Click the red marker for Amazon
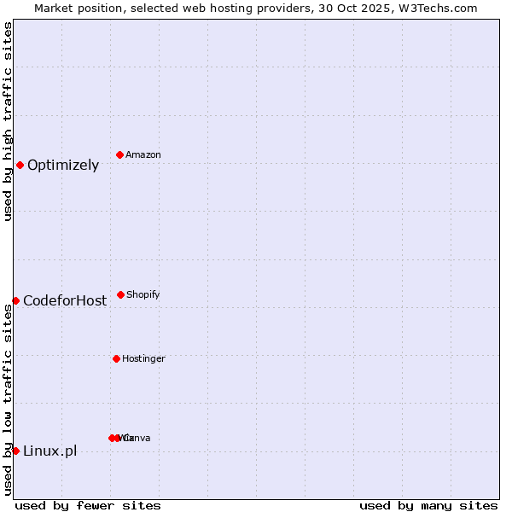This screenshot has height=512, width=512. [x=119, y=154]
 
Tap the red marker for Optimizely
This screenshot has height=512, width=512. [x=20, y=165]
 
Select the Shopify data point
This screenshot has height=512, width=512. [x=120, y=294]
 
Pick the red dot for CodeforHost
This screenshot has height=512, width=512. [x=15, y=300]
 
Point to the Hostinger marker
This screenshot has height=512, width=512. [x=116, y=358]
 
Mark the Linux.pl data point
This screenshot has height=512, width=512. [x=15, y=451]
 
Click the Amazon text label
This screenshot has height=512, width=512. [x=143, y=154]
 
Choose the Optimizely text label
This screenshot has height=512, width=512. [x=63, y=166]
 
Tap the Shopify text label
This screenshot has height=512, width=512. [x=143, y=294]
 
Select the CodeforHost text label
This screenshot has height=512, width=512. [x=65, y=300]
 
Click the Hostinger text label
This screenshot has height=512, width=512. [x=143, y=358]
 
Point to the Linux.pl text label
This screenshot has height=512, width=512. [x=49, y=451]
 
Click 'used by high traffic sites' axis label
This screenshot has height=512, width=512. [x=8, y=121]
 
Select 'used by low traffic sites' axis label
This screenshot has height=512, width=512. [x=8, y=399]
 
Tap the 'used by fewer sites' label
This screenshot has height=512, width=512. [x=87, y=505]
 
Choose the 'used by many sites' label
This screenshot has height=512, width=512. [x=428, y=505]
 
